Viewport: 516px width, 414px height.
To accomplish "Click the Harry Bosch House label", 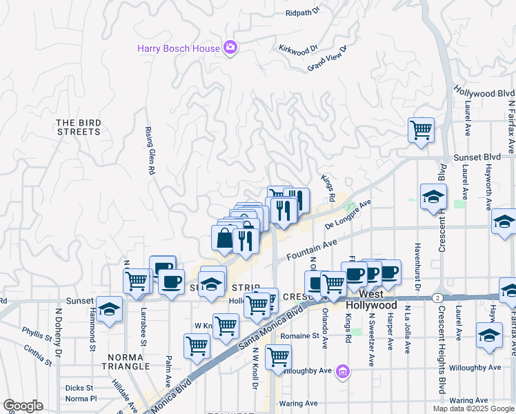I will click(178, 48).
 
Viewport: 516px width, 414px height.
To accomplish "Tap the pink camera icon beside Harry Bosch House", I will click(230, 48).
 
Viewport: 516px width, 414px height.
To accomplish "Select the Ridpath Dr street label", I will click(304, 12).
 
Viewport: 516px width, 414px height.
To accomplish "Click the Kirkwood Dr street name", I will click(297, 49).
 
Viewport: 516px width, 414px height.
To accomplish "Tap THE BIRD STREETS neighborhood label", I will click(79, 127).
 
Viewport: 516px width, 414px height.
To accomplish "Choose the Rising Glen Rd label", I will click(148, 152).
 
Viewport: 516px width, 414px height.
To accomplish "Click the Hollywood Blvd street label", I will click(484, 93).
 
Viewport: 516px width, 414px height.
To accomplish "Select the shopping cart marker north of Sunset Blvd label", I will click(420, 130).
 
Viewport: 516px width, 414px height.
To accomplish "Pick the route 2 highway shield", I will click(437, 297).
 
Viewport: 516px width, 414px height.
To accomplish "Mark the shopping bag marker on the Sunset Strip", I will click(224, 239).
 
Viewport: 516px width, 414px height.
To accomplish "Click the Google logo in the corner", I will click(23, 406).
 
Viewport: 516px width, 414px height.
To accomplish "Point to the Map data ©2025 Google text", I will click(473, 408).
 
